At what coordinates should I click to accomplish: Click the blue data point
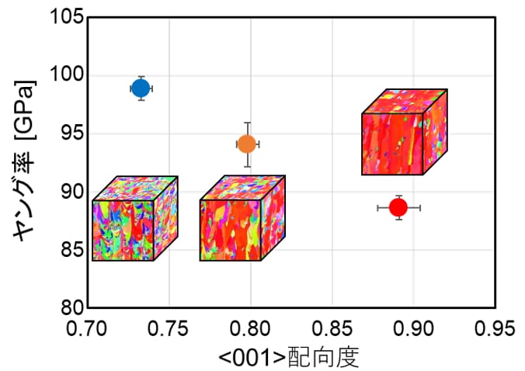141,88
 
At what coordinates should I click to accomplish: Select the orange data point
247,144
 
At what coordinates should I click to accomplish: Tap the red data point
398,207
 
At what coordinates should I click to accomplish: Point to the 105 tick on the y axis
67,16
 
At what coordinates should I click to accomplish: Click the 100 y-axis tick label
67,75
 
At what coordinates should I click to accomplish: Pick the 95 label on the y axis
72,133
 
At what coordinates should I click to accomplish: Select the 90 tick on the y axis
72,192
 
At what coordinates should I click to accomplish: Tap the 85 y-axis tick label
72,250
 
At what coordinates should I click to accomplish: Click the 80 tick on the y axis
72,307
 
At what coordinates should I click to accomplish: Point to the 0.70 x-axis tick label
86,328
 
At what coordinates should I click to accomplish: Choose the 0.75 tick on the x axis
168,328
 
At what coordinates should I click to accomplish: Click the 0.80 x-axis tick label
250,328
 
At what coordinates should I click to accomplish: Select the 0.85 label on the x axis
332,328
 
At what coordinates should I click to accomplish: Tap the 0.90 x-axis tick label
413,328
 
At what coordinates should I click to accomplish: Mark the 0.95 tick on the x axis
495,328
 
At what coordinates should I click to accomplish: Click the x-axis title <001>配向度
289,357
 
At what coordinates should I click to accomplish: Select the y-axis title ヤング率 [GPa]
24,161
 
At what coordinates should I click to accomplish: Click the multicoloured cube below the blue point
135,218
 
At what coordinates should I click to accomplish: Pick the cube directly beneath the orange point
242,218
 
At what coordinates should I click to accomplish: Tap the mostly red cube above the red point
405,132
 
